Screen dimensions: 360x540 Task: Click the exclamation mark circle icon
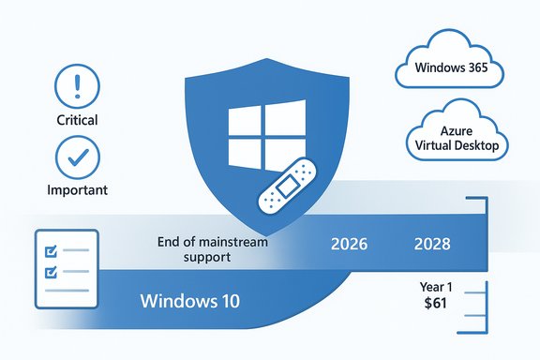[77, 88]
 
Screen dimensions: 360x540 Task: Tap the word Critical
[77, 121]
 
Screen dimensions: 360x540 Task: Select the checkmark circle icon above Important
[77, 156]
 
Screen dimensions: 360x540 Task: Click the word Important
[77, 189]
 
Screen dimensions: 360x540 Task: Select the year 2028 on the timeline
[431, 245]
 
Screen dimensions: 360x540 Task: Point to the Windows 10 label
[189, 302]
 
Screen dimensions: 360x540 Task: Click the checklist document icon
[66, 268]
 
